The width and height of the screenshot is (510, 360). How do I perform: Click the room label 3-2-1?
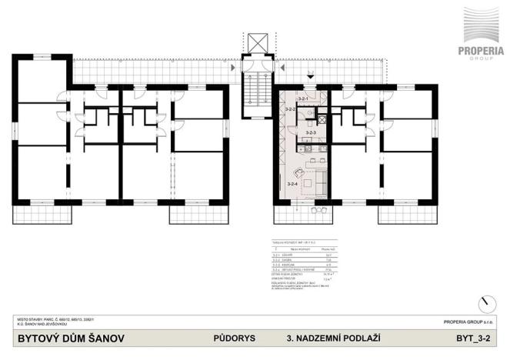(303, 100)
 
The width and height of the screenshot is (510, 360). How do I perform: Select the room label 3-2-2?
(290, 111)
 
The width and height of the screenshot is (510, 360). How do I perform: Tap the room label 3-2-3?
(311, 133)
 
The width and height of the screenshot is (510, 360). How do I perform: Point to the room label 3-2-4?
(292, 184)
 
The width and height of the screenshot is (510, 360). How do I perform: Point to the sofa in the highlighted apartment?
(318, 181)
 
